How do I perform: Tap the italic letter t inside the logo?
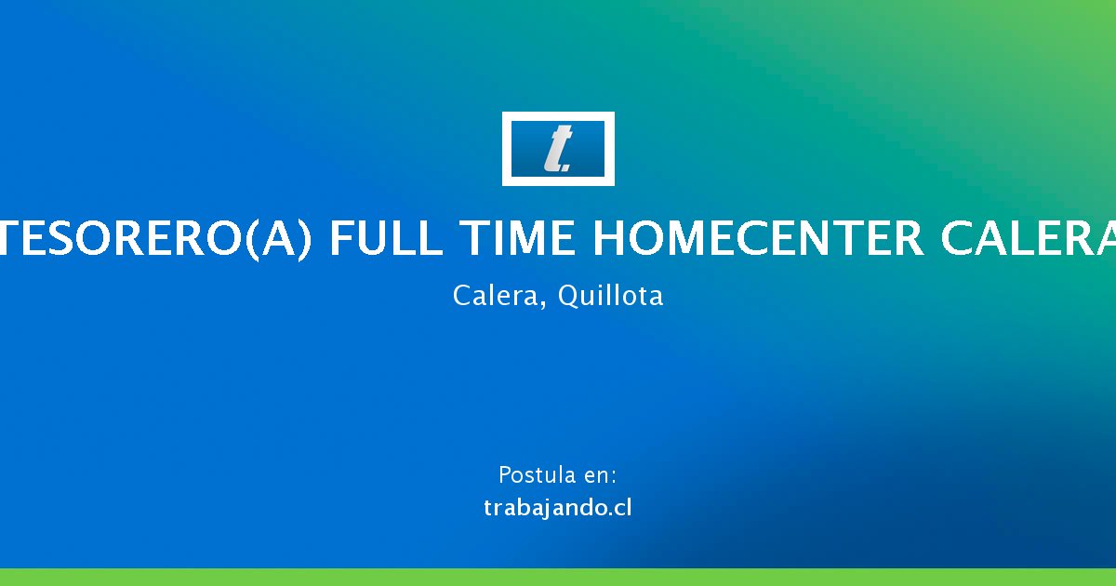556,149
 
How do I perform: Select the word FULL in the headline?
386,238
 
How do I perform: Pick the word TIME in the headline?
517,238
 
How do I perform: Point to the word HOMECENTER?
758,238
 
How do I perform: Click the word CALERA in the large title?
1030,238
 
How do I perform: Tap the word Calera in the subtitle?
495,296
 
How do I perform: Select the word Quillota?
610,296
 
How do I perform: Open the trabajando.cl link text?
557,508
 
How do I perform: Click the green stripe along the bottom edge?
558,577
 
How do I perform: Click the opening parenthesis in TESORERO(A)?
253,240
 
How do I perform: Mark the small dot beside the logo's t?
565,169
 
